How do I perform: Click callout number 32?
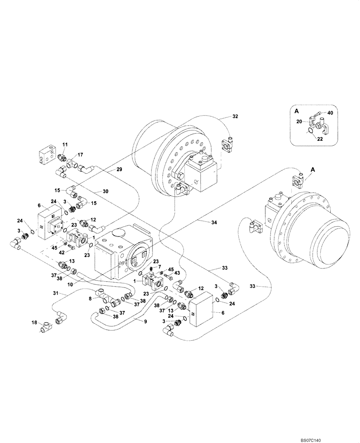(235, 117)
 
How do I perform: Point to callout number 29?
(119, 170)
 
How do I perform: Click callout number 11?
(65, 145)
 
